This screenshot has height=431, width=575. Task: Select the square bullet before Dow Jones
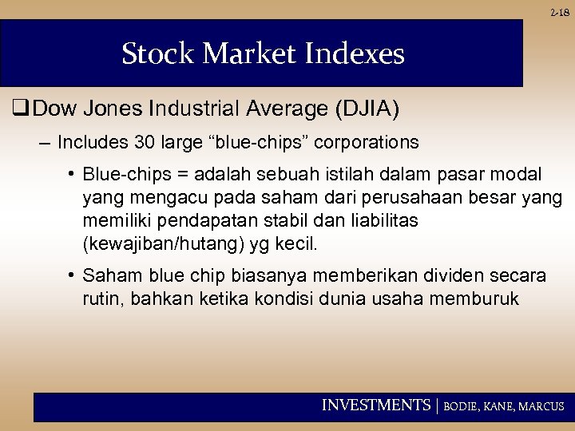point(18,108)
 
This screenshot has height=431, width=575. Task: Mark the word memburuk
point(481,299)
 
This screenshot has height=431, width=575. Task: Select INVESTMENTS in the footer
point(375,406)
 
